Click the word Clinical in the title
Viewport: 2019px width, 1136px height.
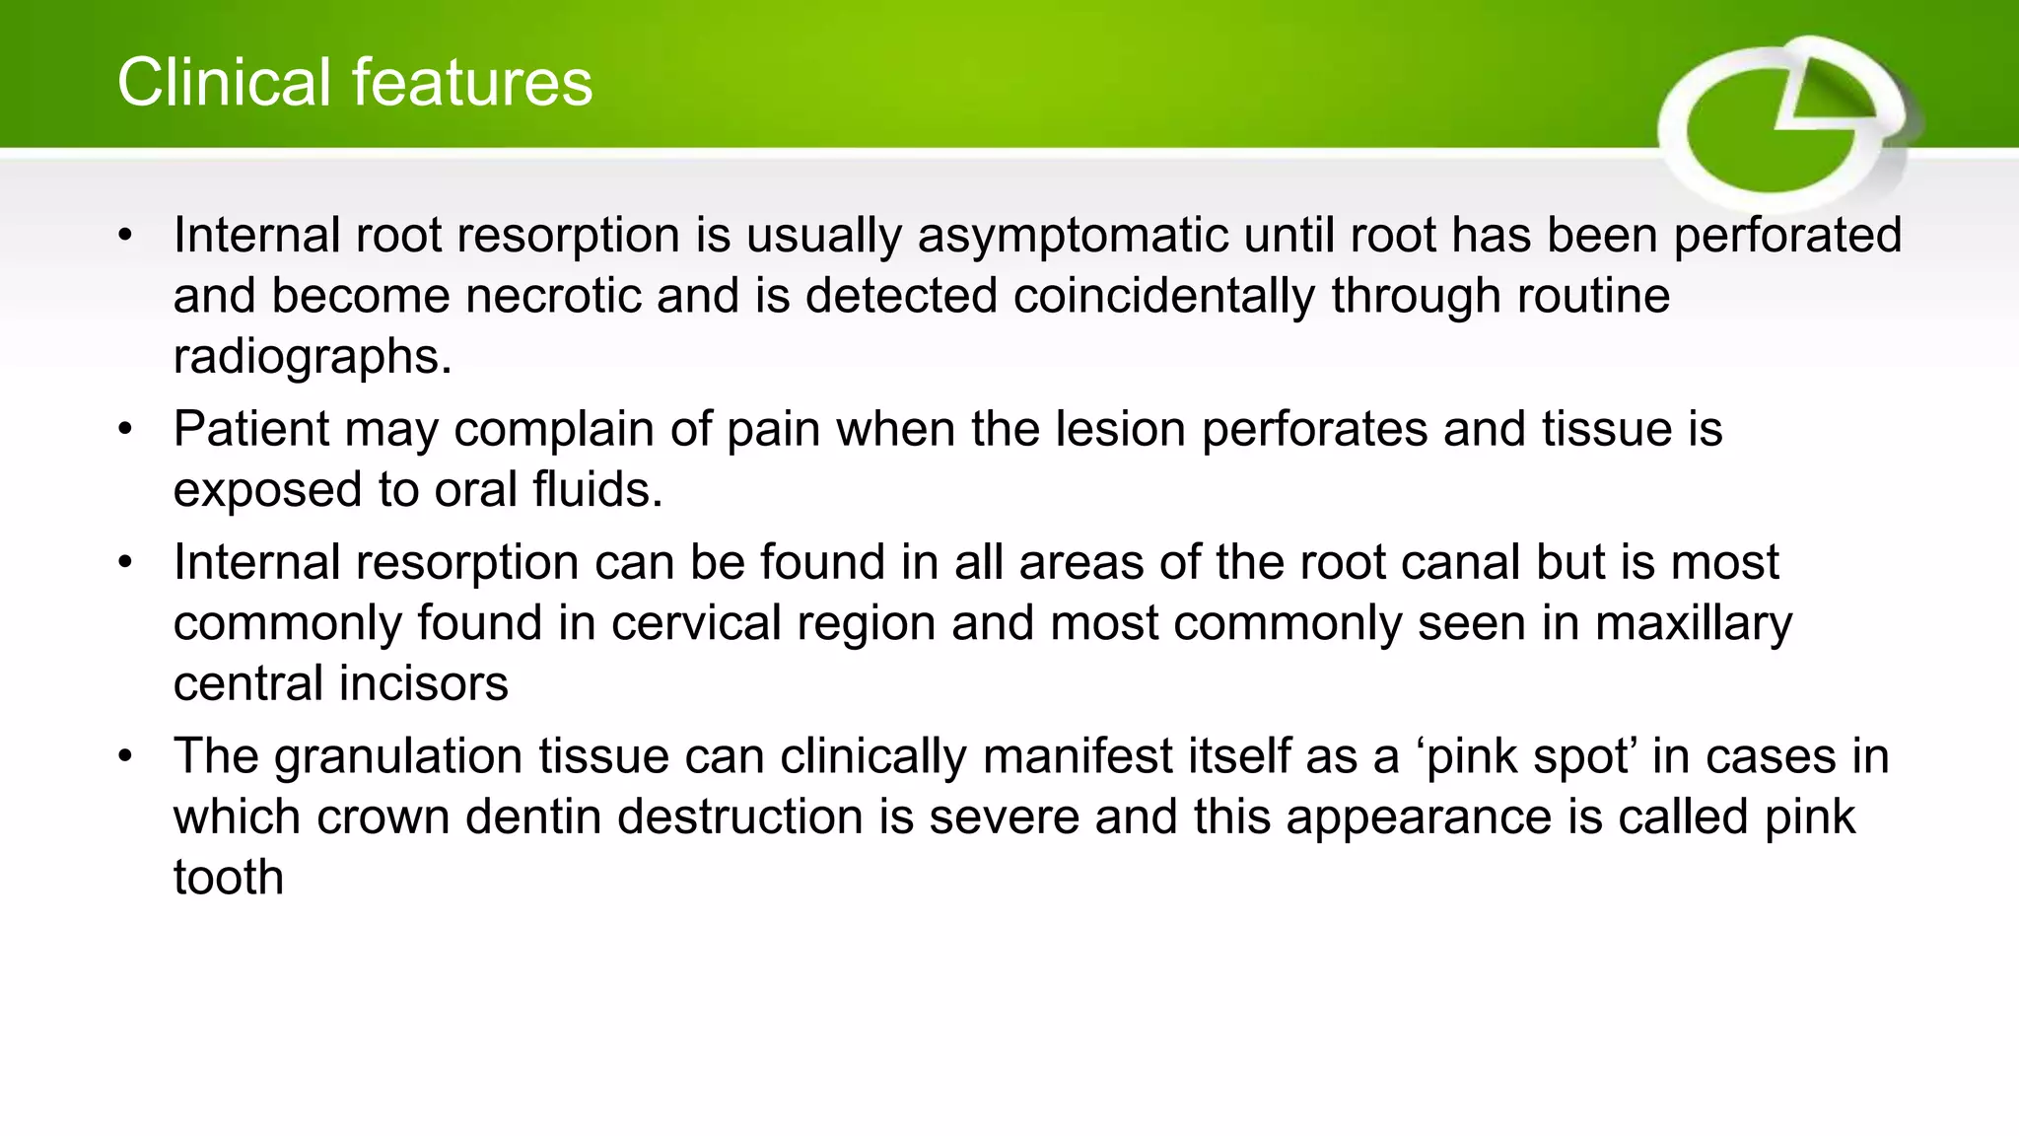point(223,82)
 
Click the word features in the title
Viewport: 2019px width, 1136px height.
point(471,82)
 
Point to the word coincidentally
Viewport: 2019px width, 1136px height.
point(1163,297)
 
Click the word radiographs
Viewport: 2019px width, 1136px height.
point(312,357)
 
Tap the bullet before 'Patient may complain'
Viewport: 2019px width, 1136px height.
point(124,430)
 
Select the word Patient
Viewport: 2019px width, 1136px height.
point(250,430)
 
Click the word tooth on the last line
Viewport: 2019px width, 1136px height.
point(228,878)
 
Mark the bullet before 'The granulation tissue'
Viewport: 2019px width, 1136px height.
point(124,757)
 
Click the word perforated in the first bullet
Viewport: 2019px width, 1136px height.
point(1787,237)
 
